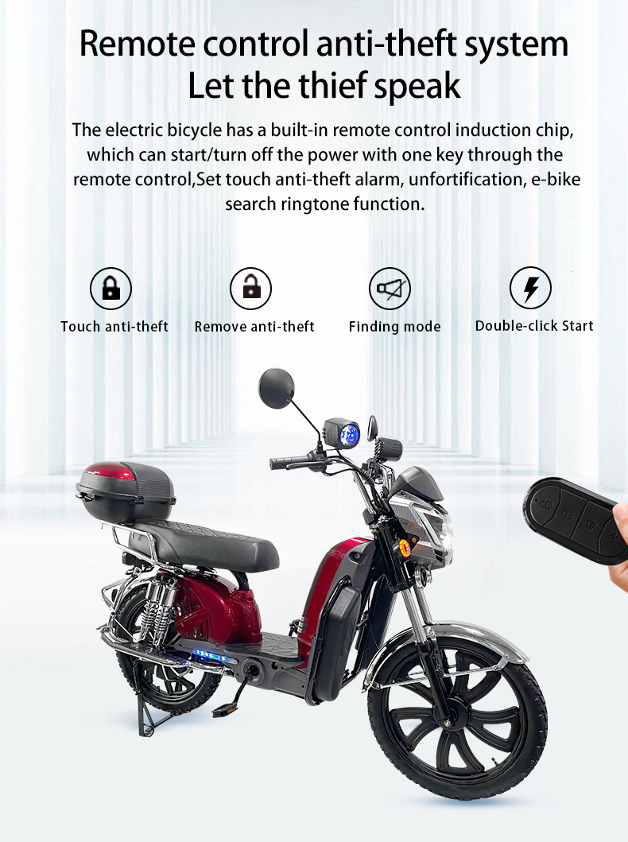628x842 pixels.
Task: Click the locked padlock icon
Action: (110, 289)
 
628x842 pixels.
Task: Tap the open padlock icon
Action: (250, 289)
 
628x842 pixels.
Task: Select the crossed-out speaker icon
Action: (390, 289)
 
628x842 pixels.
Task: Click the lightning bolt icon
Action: (530, 289)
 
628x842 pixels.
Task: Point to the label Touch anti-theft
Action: (114, 327)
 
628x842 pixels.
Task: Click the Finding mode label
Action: (394, 327)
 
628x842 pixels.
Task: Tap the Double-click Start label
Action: (534, 325)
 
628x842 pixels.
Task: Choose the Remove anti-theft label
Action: (254, 327)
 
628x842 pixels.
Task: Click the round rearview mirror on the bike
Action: (277, 388)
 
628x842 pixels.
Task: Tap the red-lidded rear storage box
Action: (126, 492)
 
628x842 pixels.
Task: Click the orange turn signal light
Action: (404, 547)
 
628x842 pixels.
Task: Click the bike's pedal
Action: (223, 711)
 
